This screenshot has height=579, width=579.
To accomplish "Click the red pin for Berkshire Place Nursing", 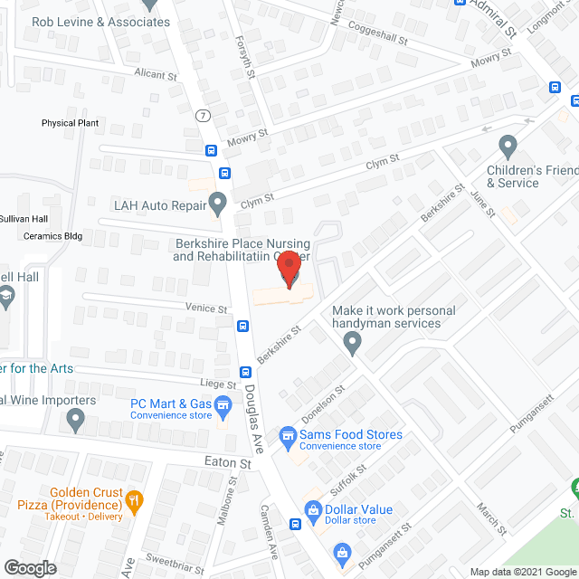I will [x=289, y=268].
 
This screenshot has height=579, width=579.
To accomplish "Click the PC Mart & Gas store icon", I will [x=223, y=411].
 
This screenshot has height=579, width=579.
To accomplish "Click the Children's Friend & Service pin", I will [x=508, y=145].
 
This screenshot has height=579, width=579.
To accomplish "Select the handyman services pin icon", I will [x=353, y=342].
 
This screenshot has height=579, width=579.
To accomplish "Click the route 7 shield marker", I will [x=203, y=115].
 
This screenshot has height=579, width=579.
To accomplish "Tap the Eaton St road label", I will [x=226, y=461].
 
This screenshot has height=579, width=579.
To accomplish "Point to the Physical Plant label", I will [x=70, y=123].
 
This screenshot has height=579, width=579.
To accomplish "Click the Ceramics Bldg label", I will [x=52, y=236].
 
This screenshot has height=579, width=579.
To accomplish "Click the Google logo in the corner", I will [x=30, y=567].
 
